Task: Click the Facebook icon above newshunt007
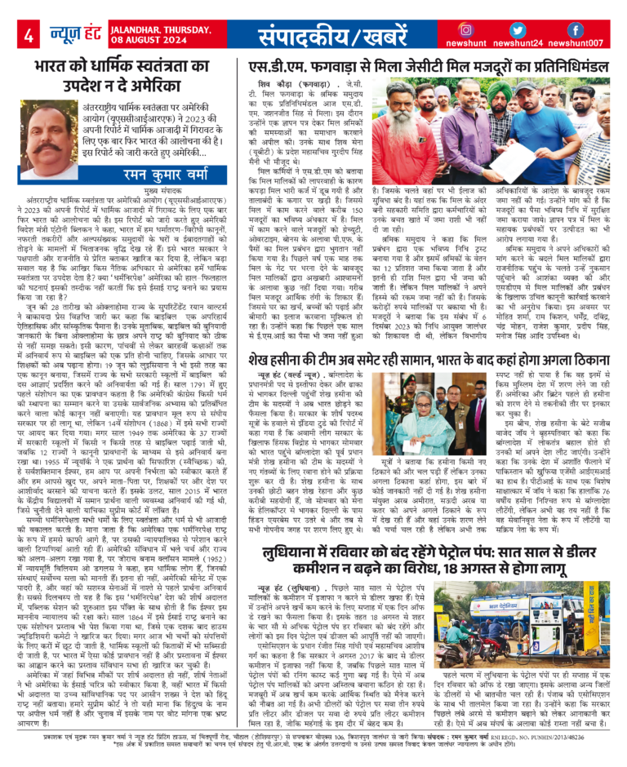tap(575, 30)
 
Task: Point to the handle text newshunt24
tap(523, 45)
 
